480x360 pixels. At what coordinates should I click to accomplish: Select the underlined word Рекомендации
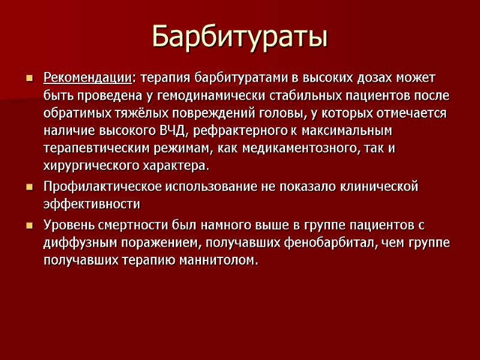(87, 78)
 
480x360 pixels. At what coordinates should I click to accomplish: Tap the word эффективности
(91, 205)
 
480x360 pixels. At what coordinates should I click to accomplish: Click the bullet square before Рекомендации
(28, 79)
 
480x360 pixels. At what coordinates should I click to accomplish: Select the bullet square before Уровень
(28, 226)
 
